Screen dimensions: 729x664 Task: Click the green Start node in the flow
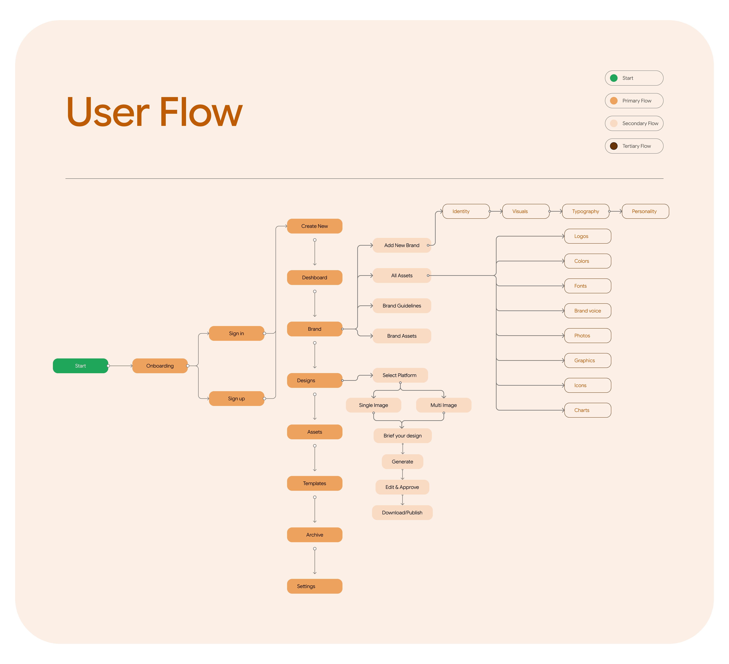tap(80, 366)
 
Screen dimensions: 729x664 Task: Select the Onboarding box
tap(160, 366)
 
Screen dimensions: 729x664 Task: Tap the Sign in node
tap(237, 333)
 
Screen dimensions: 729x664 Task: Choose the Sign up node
tap(237, 398)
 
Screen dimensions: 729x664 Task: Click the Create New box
tap(315, 226)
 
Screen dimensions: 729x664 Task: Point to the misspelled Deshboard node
tap(315, 278)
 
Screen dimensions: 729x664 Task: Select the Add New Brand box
tap(402, 245)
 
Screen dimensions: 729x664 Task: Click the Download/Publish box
tap(402, 512)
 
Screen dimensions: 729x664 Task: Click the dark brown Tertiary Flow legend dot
tap(614, 146)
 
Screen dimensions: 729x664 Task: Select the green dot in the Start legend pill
tap(614, 78)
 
